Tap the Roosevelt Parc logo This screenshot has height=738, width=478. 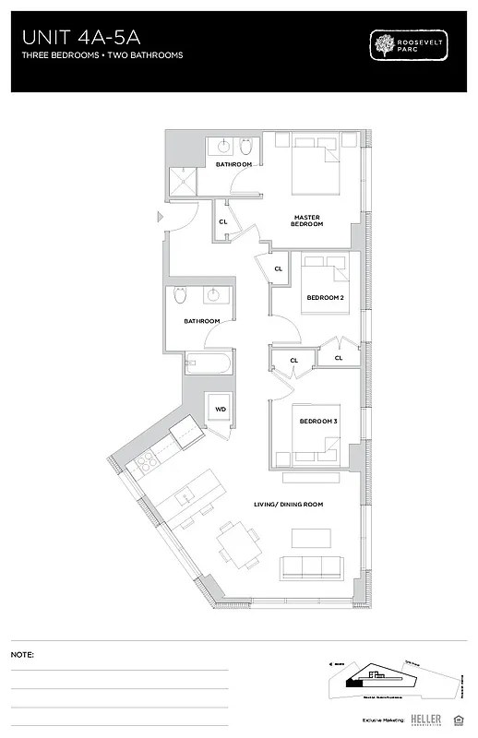tap(407, 46)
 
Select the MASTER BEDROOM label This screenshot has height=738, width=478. tap(306, 220)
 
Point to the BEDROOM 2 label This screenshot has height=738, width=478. tap(325, 298)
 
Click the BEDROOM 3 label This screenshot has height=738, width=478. tap(317, 422)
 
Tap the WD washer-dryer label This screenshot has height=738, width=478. tap(221, 409)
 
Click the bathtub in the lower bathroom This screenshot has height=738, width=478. tap(209, 365)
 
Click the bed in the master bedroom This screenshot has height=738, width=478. tap(317, 167)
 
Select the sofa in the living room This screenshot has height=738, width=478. tap(313, 567)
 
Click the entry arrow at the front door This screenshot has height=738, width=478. tap(161, 218)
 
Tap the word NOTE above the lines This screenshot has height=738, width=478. tap(22, 654)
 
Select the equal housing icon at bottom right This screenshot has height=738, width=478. tap(459, 718)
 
